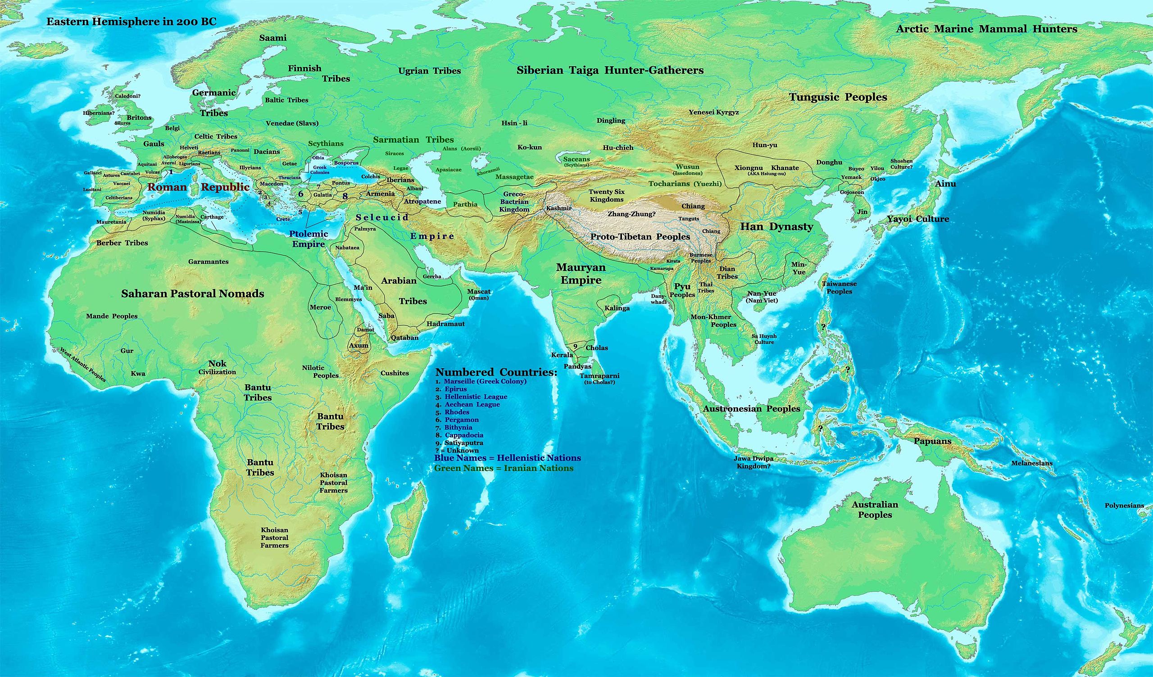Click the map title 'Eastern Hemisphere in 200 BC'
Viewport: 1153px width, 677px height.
point(132,22)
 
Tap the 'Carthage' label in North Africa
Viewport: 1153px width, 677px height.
point(212,217)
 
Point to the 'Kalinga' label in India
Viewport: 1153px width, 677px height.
point(617,308)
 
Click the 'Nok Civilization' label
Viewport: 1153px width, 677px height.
point(218,367)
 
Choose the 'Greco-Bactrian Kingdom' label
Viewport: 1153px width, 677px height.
point(514,202)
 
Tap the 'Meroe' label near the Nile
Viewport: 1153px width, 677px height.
point(320,307)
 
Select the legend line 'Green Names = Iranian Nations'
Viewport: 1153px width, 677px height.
point(503,469)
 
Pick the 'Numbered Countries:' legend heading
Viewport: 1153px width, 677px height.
point(496,372)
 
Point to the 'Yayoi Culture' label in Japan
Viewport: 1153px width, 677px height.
point(918,219)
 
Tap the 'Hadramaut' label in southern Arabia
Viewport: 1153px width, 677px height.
point(445,324)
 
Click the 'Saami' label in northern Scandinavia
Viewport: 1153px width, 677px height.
point(272,38)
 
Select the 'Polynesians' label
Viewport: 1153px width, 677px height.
point(1124,505)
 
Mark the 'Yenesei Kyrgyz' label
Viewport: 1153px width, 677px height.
point(714,112)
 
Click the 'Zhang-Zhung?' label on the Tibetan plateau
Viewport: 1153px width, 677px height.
point(631,214)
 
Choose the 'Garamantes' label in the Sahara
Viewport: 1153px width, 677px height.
point(208,262)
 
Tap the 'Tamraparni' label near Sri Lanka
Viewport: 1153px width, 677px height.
point(599,375)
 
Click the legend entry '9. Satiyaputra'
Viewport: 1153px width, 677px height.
point(459,443)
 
